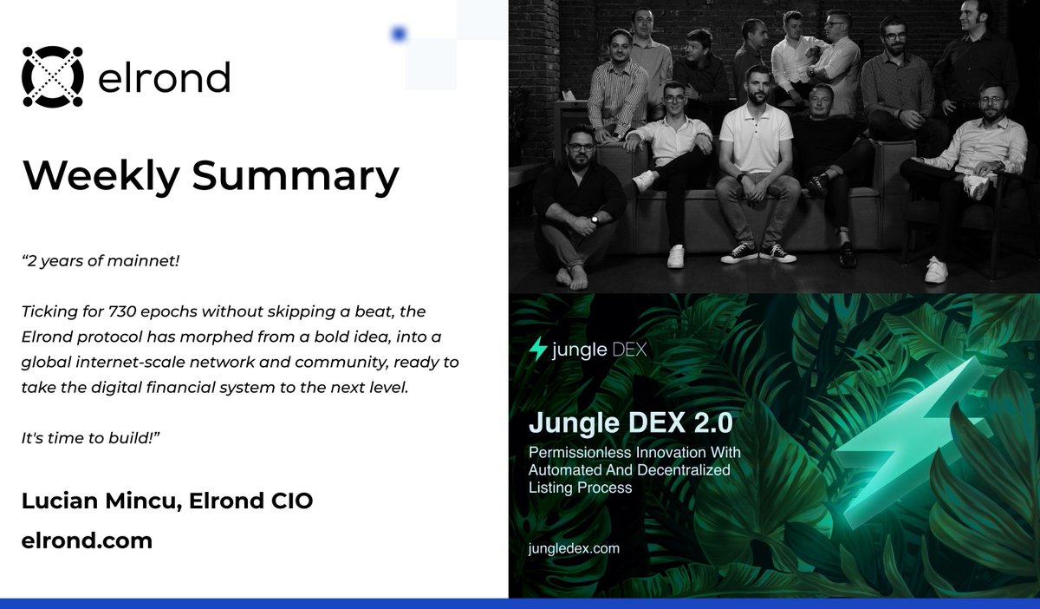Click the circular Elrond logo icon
tap(52, 77)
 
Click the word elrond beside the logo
tap(165, 78)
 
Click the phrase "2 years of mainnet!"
tap(100, 260)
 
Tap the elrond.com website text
tap(87, 541)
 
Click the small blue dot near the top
tap(399, 34)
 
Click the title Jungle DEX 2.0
tap(631, 424)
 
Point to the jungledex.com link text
tap(574, 548)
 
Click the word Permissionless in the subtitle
tap(576, 452)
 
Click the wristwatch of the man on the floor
tap(595, 220)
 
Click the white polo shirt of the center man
tap(756, 139)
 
